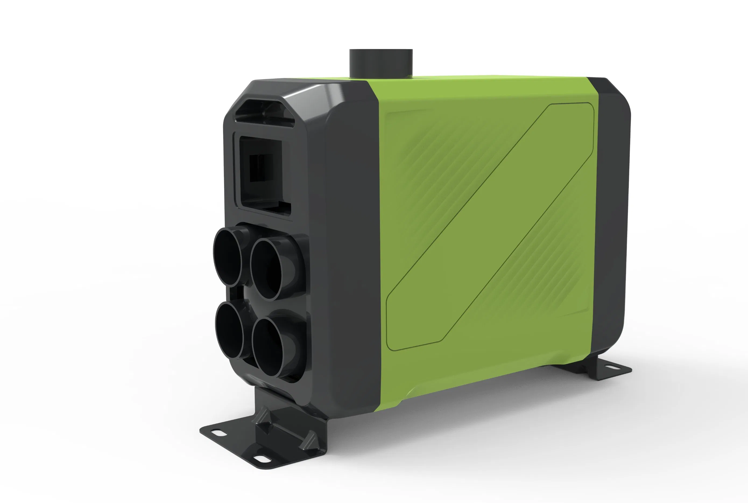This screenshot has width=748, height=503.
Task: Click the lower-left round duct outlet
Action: tap(229, 330)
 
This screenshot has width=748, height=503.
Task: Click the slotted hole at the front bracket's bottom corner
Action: tap(262, 459)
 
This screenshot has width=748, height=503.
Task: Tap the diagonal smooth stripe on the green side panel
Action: tap(490, 225)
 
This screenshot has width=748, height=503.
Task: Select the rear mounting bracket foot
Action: tap(602, 369)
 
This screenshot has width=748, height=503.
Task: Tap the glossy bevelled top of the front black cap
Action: tap(305, 92)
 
